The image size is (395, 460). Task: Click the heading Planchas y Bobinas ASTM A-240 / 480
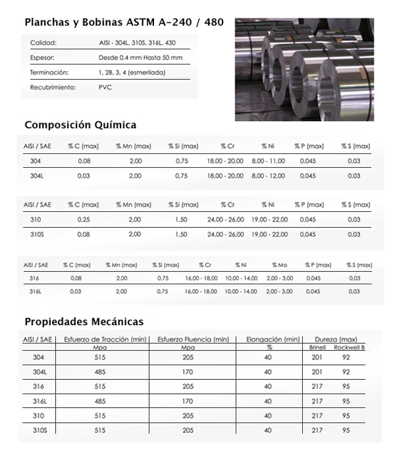[124, 22]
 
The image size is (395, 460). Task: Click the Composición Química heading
[80, 124]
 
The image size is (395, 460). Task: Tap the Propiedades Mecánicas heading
[84, 322]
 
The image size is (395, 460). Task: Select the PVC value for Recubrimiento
[105, 87]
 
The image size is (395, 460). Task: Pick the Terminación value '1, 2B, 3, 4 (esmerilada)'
[132, 72]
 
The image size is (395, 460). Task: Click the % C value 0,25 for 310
[84, 219]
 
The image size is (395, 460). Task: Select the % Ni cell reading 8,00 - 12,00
[268, 176]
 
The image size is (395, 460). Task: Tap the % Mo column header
[279, 265]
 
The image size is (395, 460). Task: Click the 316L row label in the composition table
[36, 291]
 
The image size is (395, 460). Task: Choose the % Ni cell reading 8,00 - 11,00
[268, 161]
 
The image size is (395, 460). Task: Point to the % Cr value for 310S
[225, 234]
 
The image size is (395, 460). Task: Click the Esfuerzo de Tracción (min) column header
[105, 339]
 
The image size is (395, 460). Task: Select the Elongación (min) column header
[273, 339]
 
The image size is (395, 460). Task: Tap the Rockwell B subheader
[349, 347]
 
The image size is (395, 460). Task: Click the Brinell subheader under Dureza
[317, 347]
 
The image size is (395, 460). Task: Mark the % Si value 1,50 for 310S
[182, 234]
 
